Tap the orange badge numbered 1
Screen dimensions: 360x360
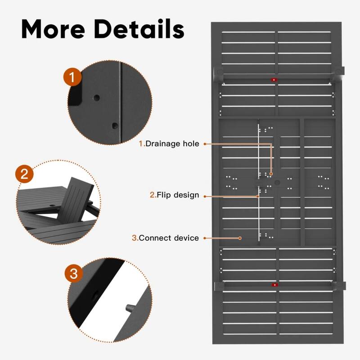pyautogui.click(x=72, y=77)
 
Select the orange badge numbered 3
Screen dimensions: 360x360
pyautogui.click(x=73, y=273)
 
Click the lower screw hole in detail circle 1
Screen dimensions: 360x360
pyautogui.click(x=115, y=125)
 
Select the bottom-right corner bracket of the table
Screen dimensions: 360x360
pyautogui.click(x=337, y=286)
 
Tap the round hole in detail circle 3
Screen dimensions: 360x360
pyautogui.click(x=95, y=296)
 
